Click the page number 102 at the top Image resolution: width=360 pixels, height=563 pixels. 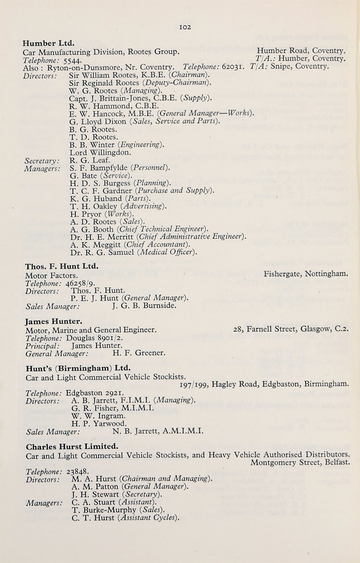coord(185,27)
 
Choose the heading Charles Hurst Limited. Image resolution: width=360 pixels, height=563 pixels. coord(72,446)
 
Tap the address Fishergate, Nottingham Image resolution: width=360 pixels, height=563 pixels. coord(306,274)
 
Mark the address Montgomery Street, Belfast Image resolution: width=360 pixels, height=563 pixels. coord(301,463)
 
